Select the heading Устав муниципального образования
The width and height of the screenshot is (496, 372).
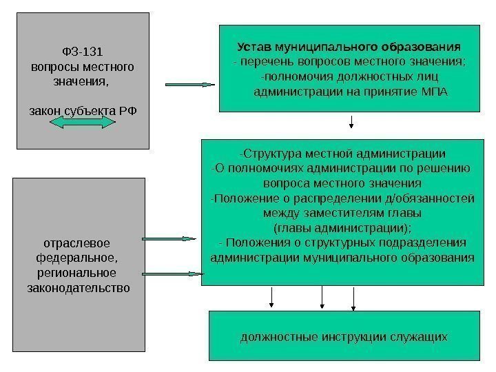(x=349, y=48)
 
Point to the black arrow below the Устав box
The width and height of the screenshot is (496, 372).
(x=352, y=123)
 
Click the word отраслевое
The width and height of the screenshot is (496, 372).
(x=76, y=243)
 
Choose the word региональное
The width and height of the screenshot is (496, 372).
(x=76, y=273)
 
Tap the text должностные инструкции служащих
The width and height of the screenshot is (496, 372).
(x=344, y=337)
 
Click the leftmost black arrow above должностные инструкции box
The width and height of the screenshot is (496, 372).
(x=273, y=296)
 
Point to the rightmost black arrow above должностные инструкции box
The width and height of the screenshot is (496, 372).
(x=354, y=298)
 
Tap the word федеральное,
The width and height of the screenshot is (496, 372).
(x=76, y=258)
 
